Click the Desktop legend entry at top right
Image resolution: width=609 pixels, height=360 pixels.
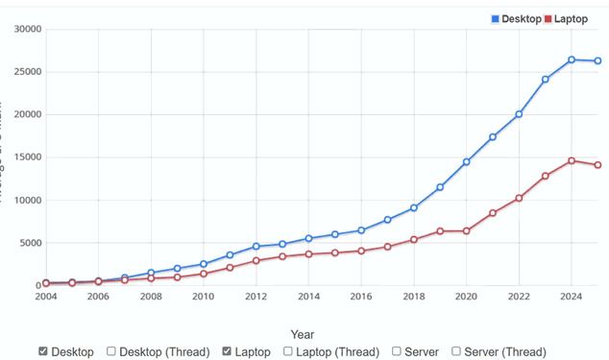click(x=516, y=18)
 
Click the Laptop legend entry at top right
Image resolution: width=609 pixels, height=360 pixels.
click(x=566, y=18)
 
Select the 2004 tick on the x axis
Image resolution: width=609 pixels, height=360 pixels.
click(x=45, y=298)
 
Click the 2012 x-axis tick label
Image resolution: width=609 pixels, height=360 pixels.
click(x=256, y=298)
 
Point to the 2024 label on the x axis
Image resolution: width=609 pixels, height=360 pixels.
click(x=572, y=298)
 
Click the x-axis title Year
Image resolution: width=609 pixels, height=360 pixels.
click(x=304, y=334)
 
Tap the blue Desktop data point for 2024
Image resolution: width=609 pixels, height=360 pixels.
click(x=572, y=60)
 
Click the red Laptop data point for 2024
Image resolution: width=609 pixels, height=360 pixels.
click(x=572, y=160)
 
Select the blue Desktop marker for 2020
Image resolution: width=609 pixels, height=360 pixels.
click(x=466, y=162)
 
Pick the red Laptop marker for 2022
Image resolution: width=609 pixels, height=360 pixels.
click(x=519, y=198)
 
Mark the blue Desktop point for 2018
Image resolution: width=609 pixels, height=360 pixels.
click(x=414, y=207)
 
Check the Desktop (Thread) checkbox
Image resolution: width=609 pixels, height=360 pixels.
click(x=111, y=351)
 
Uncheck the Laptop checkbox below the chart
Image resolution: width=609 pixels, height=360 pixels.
click(x=227, y=351)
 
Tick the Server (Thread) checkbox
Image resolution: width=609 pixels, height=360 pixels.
click(x=456, y=351)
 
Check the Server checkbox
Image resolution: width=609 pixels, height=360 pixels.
click(x=398, y=351)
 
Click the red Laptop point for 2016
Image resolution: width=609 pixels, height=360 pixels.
click(x=361, y=251)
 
